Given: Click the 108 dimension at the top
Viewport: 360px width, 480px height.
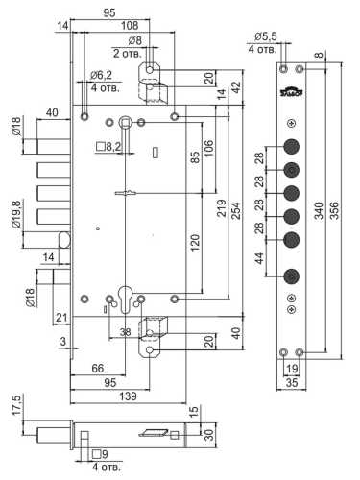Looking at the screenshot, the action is coord(130,26).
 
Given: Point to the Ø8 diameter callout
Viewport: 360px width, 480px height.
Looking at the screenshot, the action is coord(134,41).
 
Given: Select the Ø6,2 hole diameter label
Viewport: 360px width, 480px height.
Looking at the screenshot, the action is coord(101,76).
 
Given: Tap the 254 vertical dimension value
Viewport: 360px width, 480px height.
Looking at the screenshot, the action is coord(236,210).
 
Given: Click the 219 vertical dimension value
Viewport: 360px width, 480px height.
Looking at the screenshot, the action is coord(222,208).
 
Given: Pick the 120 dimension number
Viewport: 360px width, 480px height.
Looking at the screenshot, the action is coord(194,243).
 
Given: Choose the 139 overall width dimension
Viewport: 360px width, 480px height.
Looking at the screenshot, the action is coord(128,396).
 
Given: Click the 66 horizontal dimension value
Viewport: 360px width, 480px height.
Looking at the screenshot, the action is coord(98,369).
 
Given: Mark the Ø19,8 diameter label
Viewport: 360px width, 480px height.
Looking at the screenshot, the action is coord(16,214).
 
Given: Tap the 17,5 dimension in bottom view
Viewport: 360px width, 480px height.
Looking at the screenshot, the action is coord(16,405).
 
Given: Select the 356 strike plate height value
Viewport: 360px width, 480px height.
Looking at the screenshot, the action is coord(333,210).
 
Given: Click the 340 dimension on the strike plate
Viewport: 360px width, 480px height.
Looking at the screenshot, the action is coord(319,210).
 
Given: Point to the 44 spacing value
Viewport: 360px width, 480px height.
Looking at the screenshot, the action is coord(260,258).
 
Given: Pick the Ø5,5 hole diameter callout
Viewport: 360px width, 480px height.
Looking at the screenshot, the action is coord(266,36).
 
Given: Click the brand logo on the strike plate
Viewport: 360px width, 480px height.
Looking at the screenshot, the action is coord(292,91).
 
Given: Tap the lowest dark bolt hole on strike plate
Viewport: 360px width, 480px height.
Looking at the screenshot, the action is coord(292,276).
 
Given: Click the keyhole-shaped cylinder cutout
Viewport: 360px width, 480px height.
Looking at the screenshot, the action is coord(125,299).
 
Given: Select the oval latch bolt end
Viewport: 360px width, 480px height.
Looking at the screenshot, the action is coord(64,240).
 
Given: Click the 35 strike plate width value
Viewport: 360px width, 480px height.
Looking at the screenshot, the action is coord(292,382).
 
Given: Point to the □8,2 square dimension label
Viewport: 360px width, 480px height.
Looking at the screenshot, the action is coord(108,147).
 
